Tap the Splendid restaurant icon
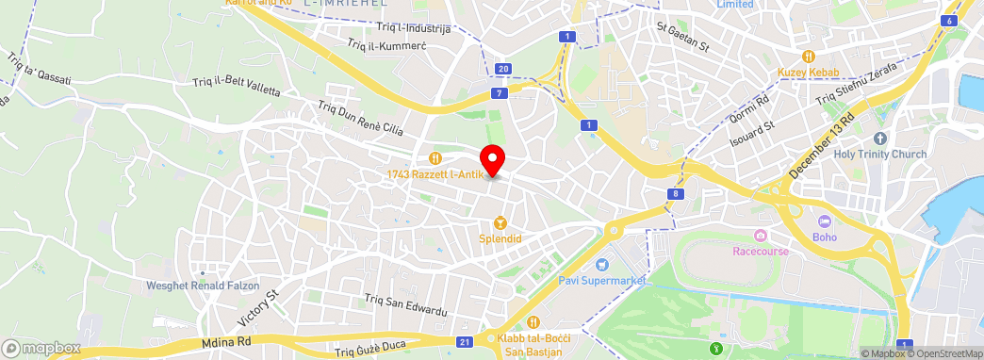(500, 223)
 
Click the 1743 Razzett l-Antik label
(435, 174)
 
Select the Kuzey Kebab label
(809, 72)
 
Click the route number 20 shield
(503, 69)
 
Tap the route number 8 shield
(677, 194)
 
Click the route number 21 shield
(465, 341)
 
